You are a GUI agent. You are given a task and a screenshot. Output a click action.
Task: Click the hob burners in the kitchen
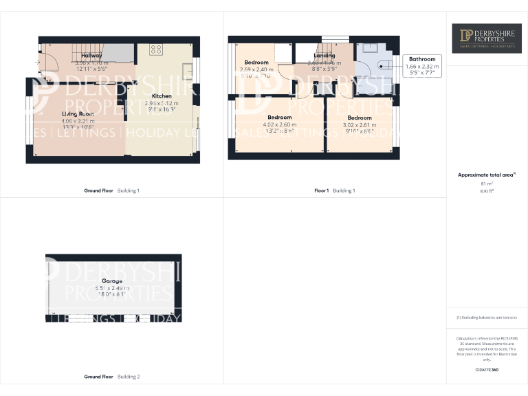[x=155, y=49]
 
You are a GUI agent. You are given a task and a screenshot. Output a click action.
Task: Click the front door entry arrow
[x=36, y=63]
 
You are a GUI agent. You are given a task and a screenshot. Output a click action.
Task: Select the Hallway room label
[x=91, y=55]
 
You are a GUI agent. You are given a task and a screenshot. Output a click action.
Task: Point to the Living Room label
[x=78, y=113]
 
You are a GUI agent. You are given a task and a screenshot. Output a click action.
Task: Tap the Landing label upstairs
[x=324, y=56]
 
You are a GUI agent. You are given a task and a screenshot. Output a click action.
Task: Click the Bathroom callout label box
[x=422, y=66]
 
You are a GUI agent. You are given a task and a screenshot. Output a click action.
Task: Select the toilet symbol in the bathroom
[x=386, y=66]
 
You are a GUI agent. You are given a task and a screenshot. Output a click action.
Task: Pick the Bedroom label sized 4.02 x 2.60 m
[x=280, y=118]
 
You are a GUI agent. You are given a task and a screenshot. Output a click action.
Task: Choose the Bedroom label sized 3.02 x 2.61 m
[x=359, y=118]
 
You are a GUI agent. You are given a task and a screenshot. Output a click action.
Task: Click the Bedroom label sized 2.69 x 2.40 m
[x=256, y=63]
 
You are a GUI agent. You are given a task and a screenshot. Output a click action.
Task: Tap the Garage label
[x=112, y=281]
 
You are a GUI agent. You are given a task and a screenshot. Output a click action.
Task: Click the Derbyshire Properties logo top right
[x=486, y=38]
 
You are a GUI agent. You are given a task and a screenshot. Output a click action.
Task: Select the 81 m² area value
[x=487, y=184]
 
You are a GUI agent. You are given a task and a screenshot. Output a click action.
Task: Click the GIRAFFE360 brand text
[x=486, y=371]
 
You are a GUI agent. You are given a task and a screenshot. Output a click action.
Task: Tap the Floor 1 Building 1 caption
[x=335, y=190]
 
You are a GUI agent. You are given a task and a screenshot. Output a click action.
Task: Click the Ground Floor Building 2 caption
[x=111, y=377]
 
